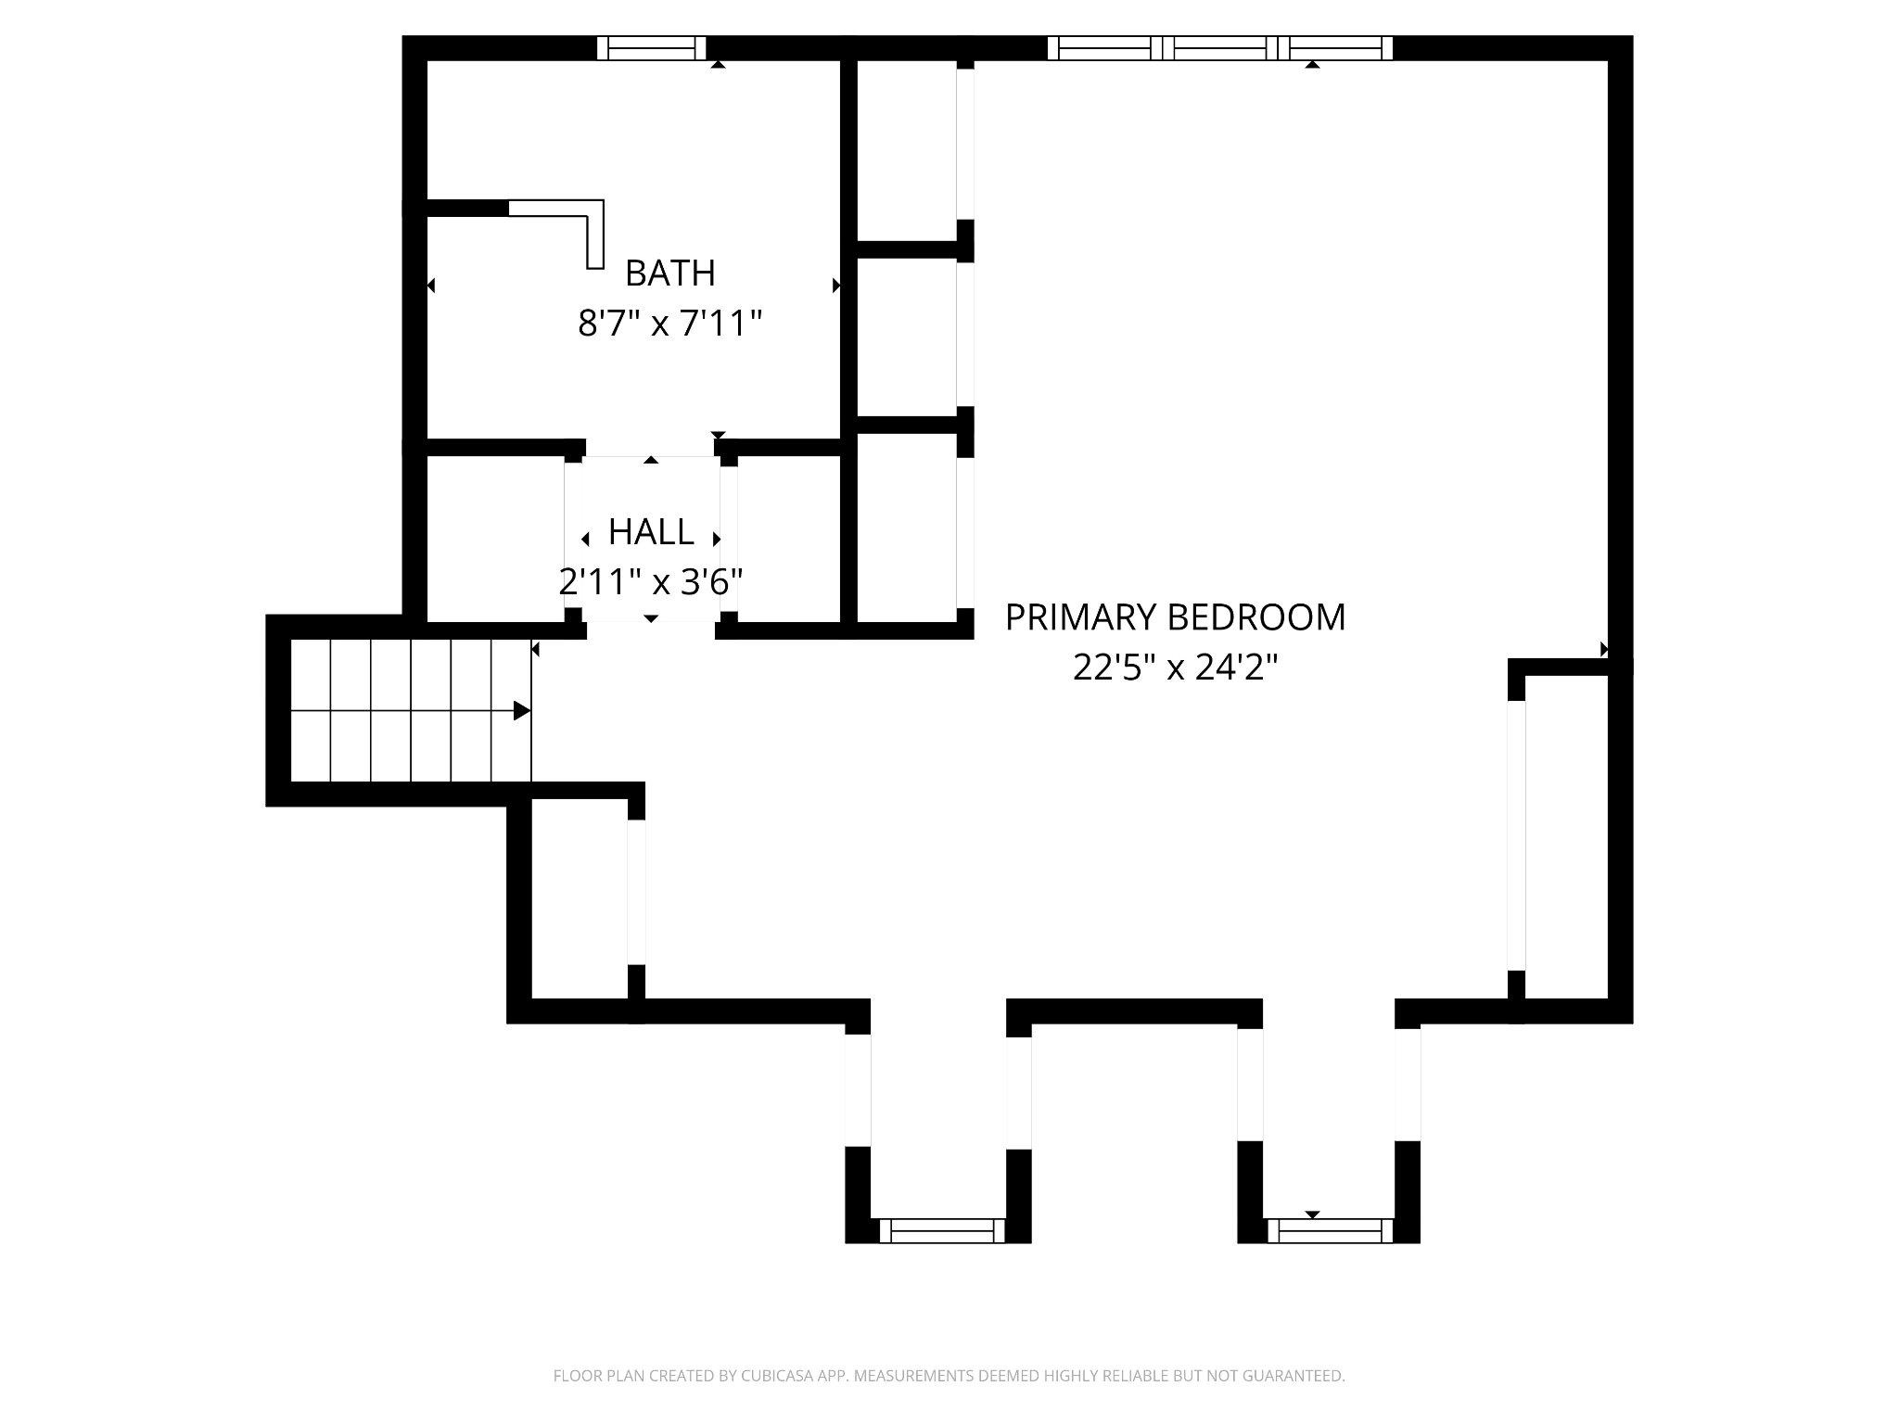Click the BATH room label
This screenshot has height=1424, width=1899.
(669, 273)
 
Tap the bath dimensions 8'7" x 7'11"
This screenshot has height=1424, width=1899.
(669, 324)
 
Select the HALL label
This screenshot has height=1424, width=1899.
(651, 532)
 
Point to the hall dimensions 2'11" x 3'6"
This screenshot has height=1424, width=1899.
(651, 582)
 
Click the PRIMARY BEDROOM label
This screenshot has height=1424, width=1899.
(1175, 617)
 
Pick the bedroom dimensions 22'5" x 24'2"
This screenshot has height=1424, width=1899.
(1175, 667)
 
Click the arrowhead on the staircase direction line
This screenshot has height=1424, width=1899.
(522, 711)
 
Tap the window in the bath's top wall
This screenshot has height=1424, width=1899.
(651, 48)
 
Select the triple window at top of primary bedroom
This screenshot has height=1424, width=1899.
(1219, 48)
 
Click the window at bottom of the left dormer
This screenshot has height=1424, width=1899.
(941, 1230)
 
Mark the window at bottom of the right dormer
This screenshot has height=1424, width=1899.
(1329, 1230)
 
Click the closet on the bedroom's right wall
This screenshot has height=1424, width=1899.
(1565, 834)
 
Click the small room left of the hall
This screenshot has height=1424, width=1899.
(495, 539)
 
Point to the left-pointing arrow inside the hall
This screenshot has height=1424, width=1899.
(585, 540)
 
